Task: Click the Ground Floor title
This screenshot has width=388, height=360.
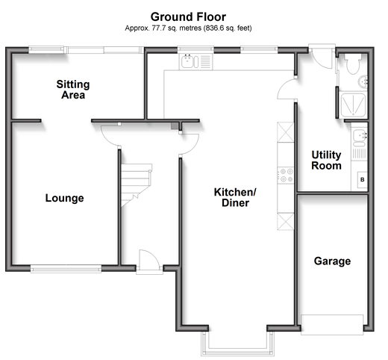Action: (x=188, y=17)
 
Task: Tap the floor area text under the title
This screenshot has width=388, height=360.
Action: (x=188, y=28)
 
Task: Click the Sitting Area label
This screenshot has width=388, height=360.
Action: (x=73, y=90)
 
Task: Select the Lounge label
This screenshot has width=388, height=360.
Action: (x=65, y=198)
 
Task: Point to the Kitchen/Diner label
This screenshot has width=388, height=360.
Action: (x=235, y=197)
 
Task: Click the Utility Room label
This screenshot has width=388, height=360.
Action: (x=326, y=160)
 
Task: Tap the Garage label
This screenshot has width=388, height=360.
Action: (x=332, y=261)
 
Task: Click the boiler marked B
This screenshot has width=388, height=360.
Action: (x=363, y=179)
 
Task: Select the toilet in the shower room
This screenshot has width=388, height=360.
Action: (x=353, y=63)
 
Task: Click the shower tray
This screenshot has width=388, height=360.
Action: (x=353, y=105)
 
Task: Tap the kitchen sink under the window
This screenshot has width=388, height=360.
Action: (x=196, y=62)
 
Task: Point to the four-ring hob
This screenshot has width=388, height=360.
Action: (x=286, y=176)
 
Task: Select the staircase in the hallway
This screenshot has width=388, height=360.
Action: (x=137, y=185)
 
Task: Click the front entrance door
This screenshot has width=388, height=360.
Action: (x=149, y=260)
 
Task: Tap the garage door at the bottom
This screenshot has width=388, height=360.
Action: (x=332, y=325)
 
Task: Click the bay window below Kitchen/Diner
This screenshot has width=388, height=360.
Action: (x=238, y=347)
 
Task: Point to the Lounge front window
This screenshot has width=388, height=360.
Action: (x=66, y=269)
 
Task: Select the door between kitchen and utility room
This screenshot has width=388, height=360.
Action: (x=287, y=88)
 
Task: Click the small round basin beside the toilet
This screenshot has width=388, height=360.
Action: (x=363, y=81)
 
